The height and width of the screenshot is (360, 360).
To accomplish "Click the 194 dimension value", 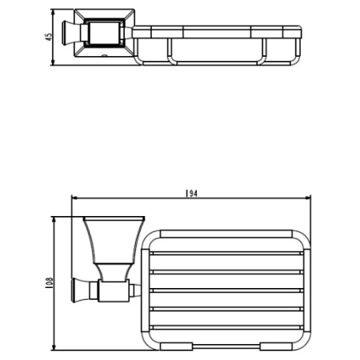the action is pyautogui.click(x=191, y=194).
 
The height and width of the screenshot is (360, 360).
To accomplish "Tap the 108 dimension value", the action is pyautogui.click(x=50, y=283).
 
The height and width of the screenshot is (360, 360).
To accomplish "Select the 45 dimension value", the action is pyautogui.click(x=49, y=37).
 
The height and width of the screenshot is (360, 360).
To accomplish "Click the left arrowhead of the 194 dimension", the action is pyautogui.click(x=74, y=198).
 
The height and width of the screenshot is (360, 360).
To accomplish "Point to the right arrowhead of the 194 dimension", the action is pyautogui.click(x=308, y=198).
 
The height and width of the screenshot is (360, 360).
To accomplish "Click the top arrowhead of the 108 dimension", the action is pyautogui.click(x=54, y=220).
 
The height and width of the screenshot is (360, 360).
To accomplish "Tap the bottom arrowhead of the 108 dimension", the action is pyautogui.click(x=54, y=347).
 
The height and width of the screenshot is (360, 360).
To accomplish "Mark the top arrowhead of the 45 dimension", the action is pyautogui.click(x=53, y=12).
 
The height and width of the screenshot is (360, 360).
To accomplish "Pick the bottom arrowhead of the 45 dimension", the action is pyautogui.click(x=53, y=62).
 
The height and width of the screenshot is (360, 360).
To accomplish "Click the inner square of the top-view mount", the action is pyautogui.click(x=104, y=33).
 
